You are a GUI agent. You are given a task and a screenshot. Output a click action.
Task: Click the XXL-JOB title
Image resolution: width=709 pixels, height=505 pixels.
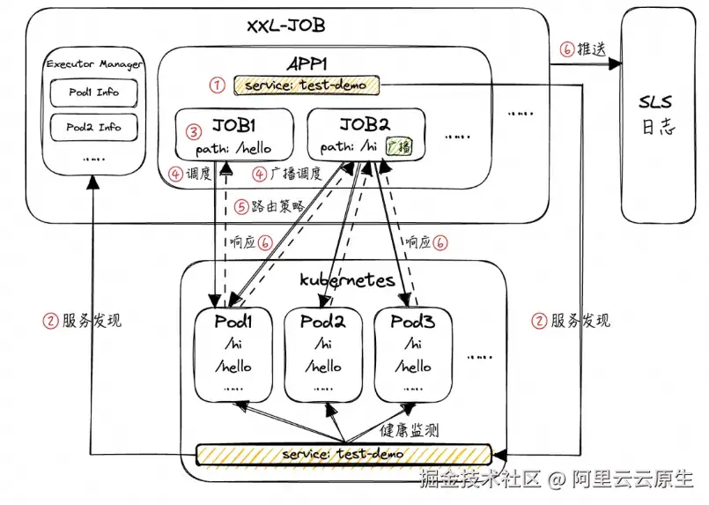284,23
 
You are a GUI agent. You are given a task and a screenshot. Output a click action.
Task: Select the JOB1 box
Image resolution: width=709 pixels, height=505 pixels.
233,134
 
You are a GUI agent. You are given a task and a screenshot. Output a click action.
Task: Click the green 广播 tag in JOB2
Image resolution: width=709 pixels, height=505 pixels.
400,145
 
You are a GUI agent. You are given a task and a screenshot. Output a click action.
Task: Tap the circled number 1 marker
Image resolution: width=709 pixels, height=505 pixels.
217,85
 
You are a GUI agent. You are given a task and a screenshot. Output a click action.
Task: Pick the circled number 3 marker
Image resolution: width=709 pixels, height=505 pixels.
194,133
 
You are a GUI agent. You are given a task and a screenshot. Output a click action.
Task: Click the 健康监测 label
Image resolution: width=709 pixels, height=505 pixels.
409,431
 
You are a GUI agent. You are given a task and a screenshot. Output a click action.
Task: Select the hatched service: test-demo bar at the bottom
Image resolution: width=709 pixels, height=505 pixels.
343,454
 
